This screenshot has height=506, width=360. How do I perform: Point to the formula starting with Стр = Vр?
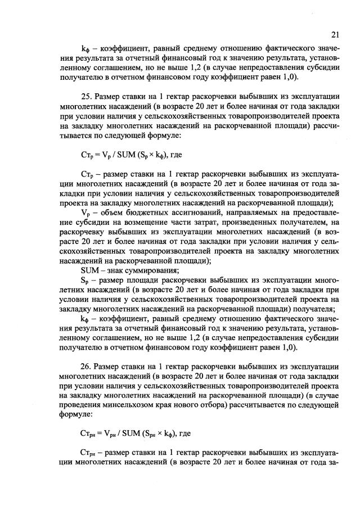point(127,153)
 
